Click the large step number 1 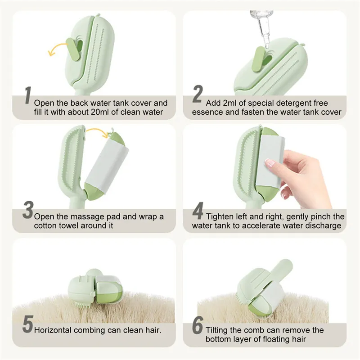click(28, 95)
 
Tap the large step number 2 click(198, 94)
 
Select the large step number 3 click(28, 210)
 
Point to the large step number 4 click(198, 211)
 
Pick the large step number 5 click(28, 324)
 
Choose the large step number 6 click(198, 325)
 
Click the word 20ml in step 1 click(104, 112)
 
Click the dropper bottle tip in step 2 click(266, 46)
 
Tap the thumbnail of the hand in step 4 click(270, 163)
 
